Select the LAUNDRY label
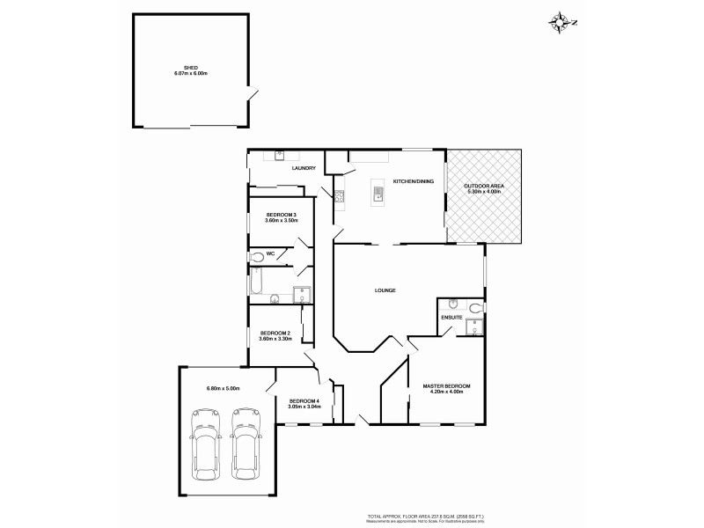pos(304,168)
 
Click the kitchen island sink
pos(378,192)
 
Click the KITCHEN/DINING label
pos(412,180)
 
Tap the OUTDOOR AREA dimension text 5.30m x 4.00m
pos(484,191)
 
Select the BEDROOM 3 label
pos(282,215)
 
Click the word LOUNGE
pos(385,290)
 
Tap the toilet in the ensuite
pos(475,308)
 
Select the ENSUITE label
pos(452,316)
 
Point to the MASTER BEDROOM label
pos(446,386)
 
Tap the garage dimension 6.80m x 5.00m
pos(223,388)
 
